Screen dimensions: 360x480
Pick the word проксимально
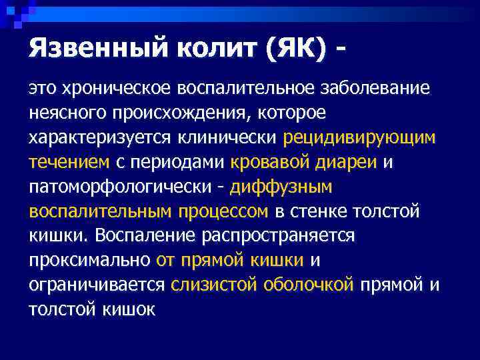coord(90,261)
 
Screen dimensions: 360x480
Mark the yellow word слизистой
coord(214,285)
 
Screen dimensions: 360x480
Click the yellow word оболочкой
coord(308,285)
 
